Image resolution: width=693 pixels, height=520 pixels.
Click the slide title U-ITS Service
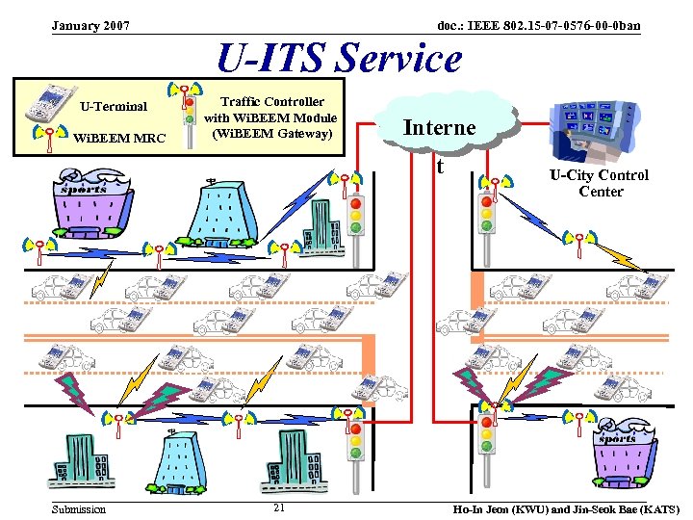click(x=339, y=59)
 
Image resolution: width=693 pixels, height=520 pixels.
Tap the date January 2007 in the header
click(x=91, y=24)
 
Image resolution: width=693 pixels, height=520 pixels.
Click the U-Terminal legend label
click(x=114, y=106)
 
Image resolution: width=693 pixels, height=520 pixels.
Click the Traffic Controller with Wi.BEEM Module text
click(x=270, y=117)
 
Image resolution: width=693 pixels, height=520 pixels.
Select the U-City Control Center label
click(x=599, y=183)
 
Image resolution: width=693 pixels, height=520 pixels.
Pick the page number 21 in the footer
click(x=278, y=508)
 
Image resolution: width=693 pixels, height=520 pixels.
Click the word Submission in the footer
click(x=79, y=508)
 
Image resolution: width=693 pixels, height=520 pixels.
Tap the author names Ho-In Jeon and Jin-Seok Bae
click(x=566, y=508)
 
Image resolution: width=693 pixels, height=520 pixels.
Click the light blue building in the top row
click(x=223, y=215)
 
